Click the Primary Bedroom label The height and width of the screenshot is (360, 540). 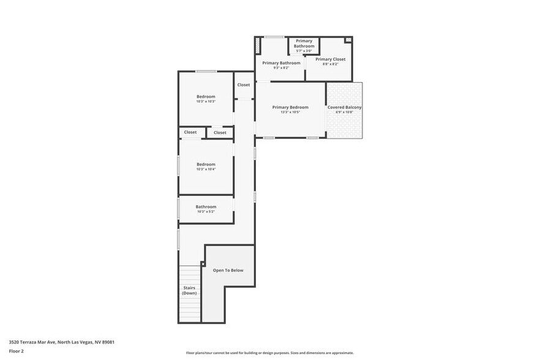point(290,107)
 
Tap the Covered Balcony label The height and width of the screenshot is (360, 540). point(344,107)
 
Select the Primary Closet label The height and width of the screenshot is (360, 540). point(330,59)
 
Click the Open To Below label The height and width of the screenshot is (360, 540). point(228,270)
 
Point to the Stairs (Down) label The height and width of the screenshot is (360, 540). point(189,290)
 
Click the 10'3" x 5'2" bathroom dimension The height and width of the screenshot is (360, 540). point(206,212)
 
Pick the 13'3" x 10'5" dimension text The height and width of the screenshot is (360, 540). point(290,112)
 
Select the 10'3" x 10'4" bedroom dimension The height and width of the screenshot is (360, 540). point(206,169)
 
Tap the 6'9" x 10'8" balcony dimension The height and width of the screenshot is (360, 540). point(344,112)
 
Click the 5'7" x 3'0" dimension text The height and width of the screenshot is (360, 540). point(304,51)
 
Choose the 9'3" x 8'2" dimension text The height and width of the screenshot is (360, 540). point(281,67)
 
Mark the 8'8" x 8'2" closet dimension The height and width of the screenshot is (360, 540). point(330,64)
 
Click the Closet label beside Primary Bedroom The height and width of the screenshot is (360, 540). point(244,84)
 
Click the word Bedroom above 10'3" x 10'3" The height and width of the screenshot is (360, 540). point(206,96)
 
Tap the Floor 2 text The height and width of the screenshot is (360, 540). point(16,351)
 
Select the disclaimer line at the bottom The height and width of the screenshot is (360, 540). point(269,353)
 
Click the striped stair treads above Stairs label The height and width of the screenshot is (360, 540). point(189,274)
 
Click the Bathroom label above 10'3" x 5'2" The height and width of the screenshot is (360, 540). point(206,207)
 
